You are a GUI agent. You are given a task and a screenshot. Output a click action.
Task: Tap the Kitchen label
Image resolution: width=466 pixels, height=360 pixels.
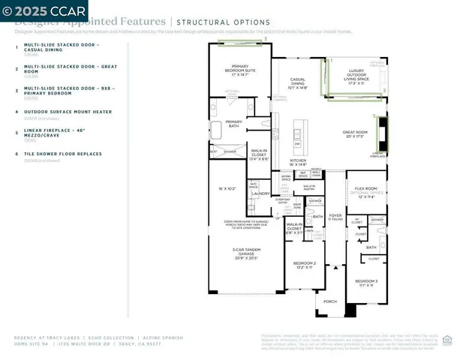tap(299, 162)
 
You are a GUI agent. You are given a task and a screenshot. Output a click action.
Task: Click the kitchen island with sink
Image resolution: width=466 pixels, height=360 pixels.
tap(298, 133)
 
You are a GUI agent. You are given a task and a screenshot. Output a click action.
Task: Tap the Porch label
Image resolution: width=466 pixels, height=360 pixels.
tap(330, 302)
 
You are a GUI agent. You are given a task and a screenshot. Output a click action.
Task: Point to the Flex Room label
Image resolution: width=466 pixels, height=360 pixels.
tap(367, 188)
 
